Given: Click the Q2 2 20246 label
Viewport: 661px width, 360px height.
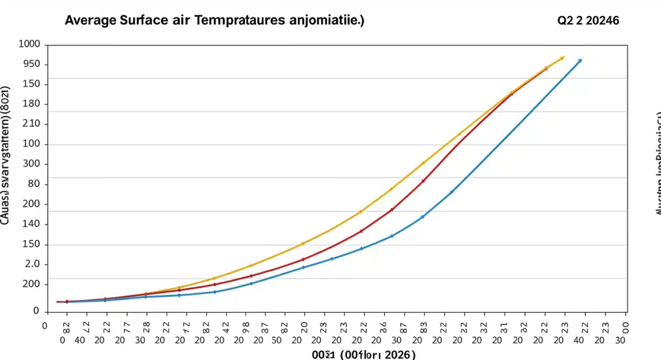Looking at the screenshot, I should tap(588, 21).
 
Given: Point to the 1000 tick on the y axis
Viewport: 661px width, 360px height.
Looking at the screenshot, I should tap(30, 45).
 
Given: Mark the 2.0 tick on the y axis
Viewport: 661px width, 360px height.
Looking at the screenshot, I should tap(33, 264).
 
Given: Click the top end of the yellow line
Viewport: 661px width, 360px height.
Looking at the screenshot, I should tap(562, 57).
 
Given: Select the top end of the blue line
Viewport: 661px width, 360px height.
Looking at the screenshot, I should tap(579, 61).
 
